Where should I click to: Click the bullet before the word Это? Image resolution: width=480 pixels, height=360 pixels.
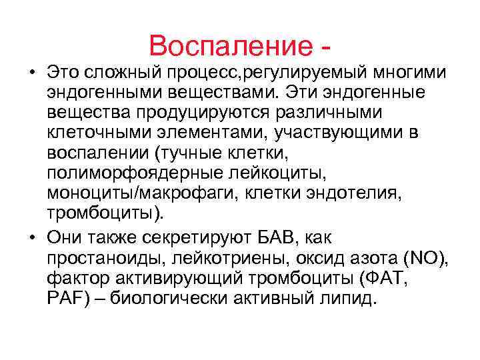[x=31, y=71]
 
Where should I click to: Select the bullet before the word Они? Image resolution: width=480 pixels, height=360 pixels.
[x=31, y=239]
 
